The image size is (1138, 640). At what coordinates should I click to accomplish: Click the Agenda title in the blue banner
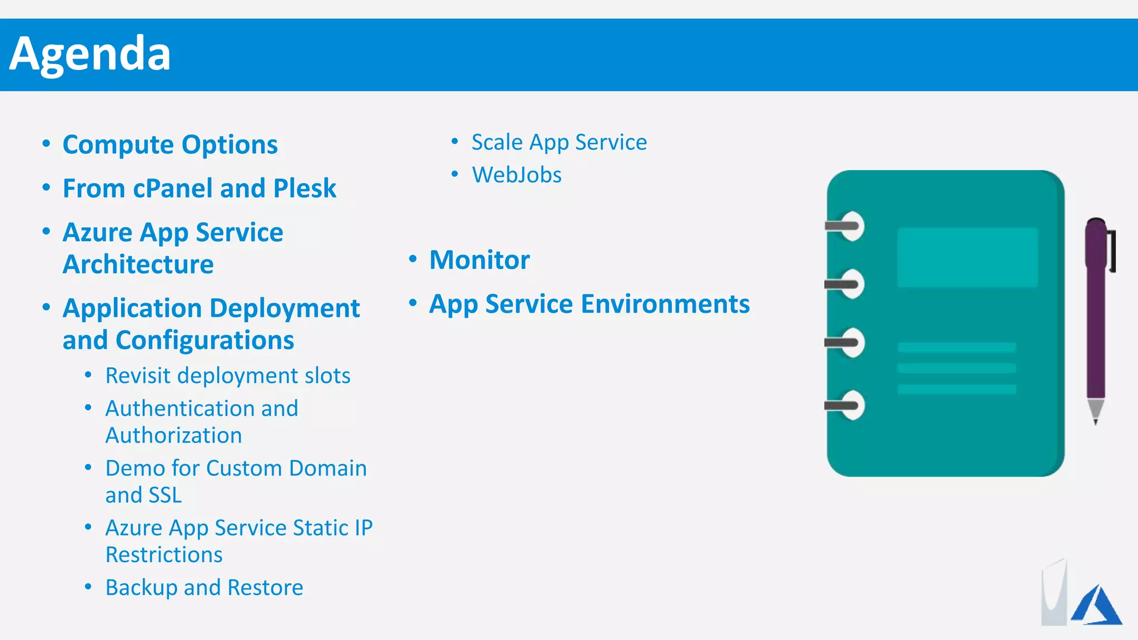point(90,54)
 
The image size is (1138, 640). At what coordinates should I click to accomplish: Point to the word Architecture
point(138,264)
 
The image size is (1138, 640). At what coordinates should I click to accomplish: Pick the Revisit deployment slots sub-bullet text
point(228,376)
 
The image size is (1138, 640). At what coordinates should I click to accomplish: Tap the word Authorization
point(173,436)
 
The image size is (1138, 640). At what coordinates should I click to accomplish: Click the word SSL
point(165,496)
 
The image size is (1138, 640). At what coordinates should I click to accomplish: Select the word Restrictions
point(164,555)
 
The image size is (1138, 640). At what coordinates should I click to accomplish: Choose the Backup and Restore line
point(204,588)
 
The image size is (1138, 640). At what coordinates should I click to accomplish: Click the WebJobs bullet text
point(516,175)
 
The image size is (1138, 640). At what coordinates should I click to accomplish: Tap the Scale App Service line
point(559,142)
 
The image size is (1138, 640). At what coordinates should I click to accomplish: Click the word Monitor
point(480,260)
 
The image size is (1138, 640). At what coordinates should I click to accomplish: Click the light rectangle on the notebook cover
point(967,257)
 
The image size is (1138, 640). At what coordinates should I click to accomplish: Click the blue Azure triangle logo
point(1097,607)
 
